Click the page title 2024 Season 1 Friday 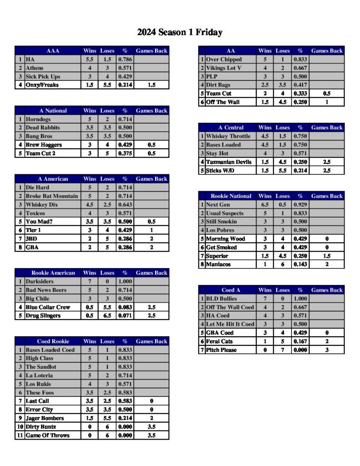pos(180,32)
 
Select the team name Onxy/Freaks pos(42,85)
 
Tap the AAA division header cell pos(53,51)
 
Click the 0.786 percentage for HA pos(125,60)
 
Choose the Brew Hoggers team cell pos(44,145)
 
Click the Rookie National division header pos(231,196)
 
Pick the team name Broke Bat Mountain pos(51,196)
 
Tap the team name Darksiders pos(41,282)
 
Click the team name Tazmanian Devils pos(229,162)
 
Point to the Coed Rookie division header pos(53,341)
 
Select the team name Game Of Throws pos(47,436)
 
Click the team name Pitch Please pos(221,350)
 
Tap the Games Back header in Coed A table pos(327,290)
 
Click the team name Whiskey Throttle pos(228,137)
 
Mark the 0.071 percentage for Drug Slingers pos(125,316)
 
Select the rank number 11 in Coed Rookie pos(20,436)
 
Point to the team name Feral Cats pos(219,341)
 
